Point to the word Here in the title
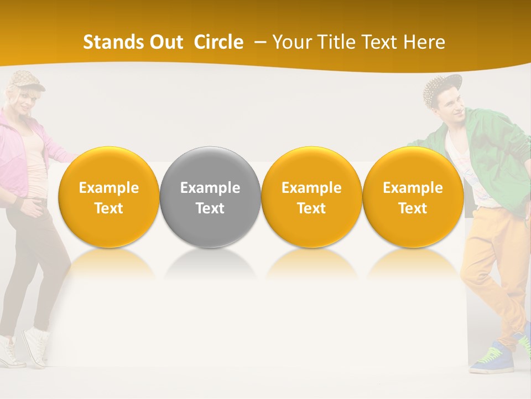tap(424, 42)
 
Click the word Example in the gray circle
tap(210, 188)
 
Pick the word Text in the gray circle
tap(210, 208)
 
